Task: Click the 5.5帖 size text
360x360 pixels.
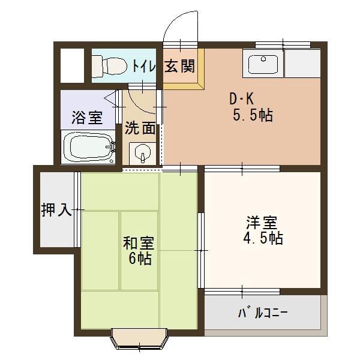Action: click(252, 115)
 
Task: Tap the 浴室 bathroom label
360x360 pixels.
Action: click(87, 117)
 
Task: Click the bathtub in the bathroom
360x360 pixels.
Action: click(89, 148)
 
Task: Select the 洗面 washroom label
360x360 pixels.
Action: click(140, 128)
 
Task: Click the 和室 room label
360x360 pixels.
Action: click(139, 243)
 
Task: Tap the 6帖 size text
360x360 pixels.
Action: click(139, 259)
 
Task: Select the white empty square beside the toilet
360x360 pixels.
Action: click(72, 65)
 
